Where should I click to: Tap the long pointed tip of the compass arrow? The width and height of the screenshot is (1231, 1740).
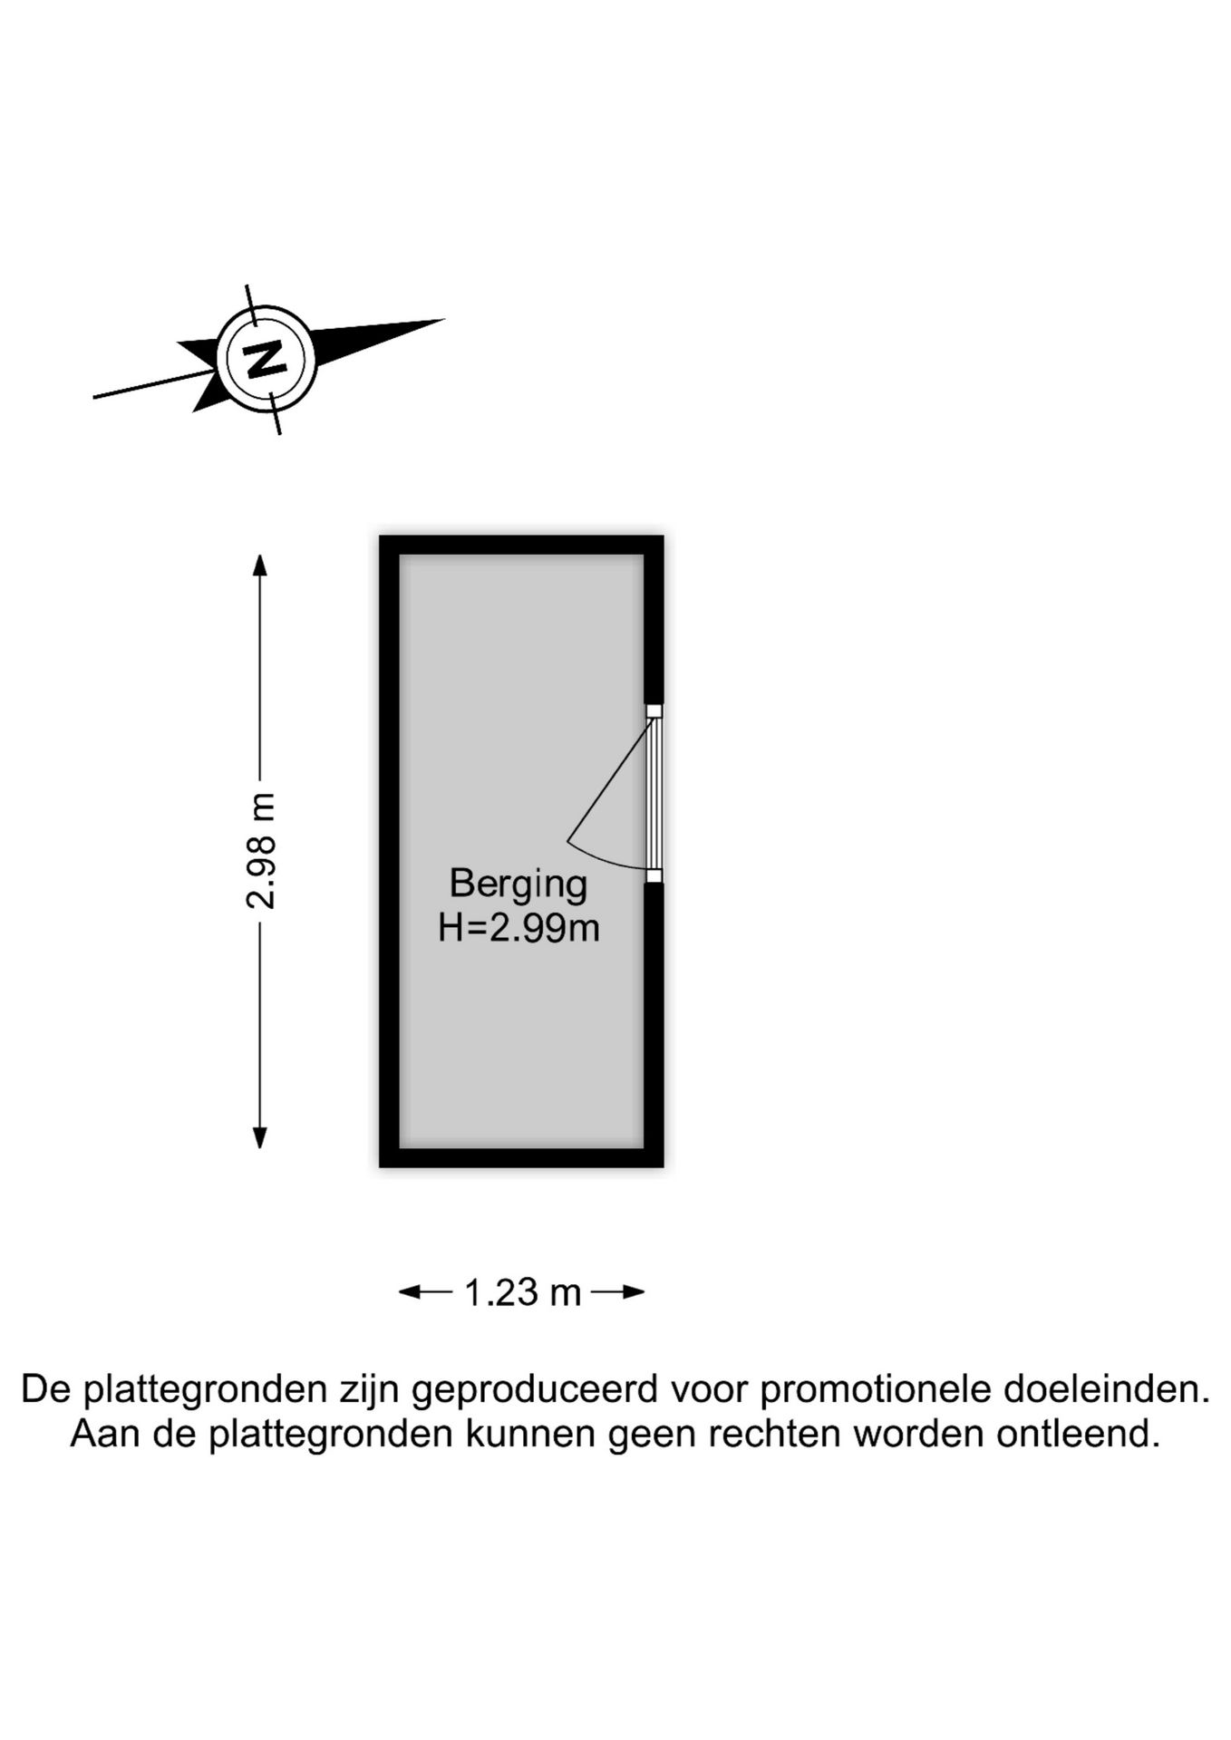coord(444,320)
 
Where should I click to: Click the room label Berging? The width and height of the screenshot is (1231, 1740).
coord(519,884)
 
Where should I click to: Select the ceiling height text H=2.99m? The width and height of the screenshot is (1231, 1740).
coord(519,928)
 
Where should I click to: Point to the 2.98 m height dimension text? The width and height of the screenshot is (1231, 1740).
coord(261,850)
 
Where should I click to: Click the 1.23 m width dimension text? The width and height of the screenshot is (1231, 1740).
coord(522,1292)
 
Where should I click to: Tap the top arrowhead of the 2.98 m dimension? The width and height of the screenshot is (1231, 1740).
coord(260,565)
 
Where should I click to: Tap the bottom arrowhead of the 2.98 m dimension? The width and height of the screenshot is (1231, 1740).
coord(260,1137)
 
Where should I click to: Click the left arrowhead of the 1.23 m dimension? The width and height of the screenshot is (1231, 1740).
coord(410,1291)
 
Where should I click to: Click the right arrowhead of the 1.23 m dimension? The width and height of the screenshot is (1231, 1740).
coord(634,1291)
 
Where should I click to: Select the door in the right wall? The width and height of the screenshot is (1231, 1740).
coord(654,793)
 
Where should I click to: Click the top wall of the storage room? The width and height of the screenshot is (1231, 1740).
coord(521,545)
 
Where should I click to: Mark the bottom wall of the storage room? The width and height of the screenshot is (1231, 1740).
coord(521,1157)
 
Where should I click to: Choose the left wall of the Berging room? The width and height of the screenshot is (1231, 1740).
coord(389,851)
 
